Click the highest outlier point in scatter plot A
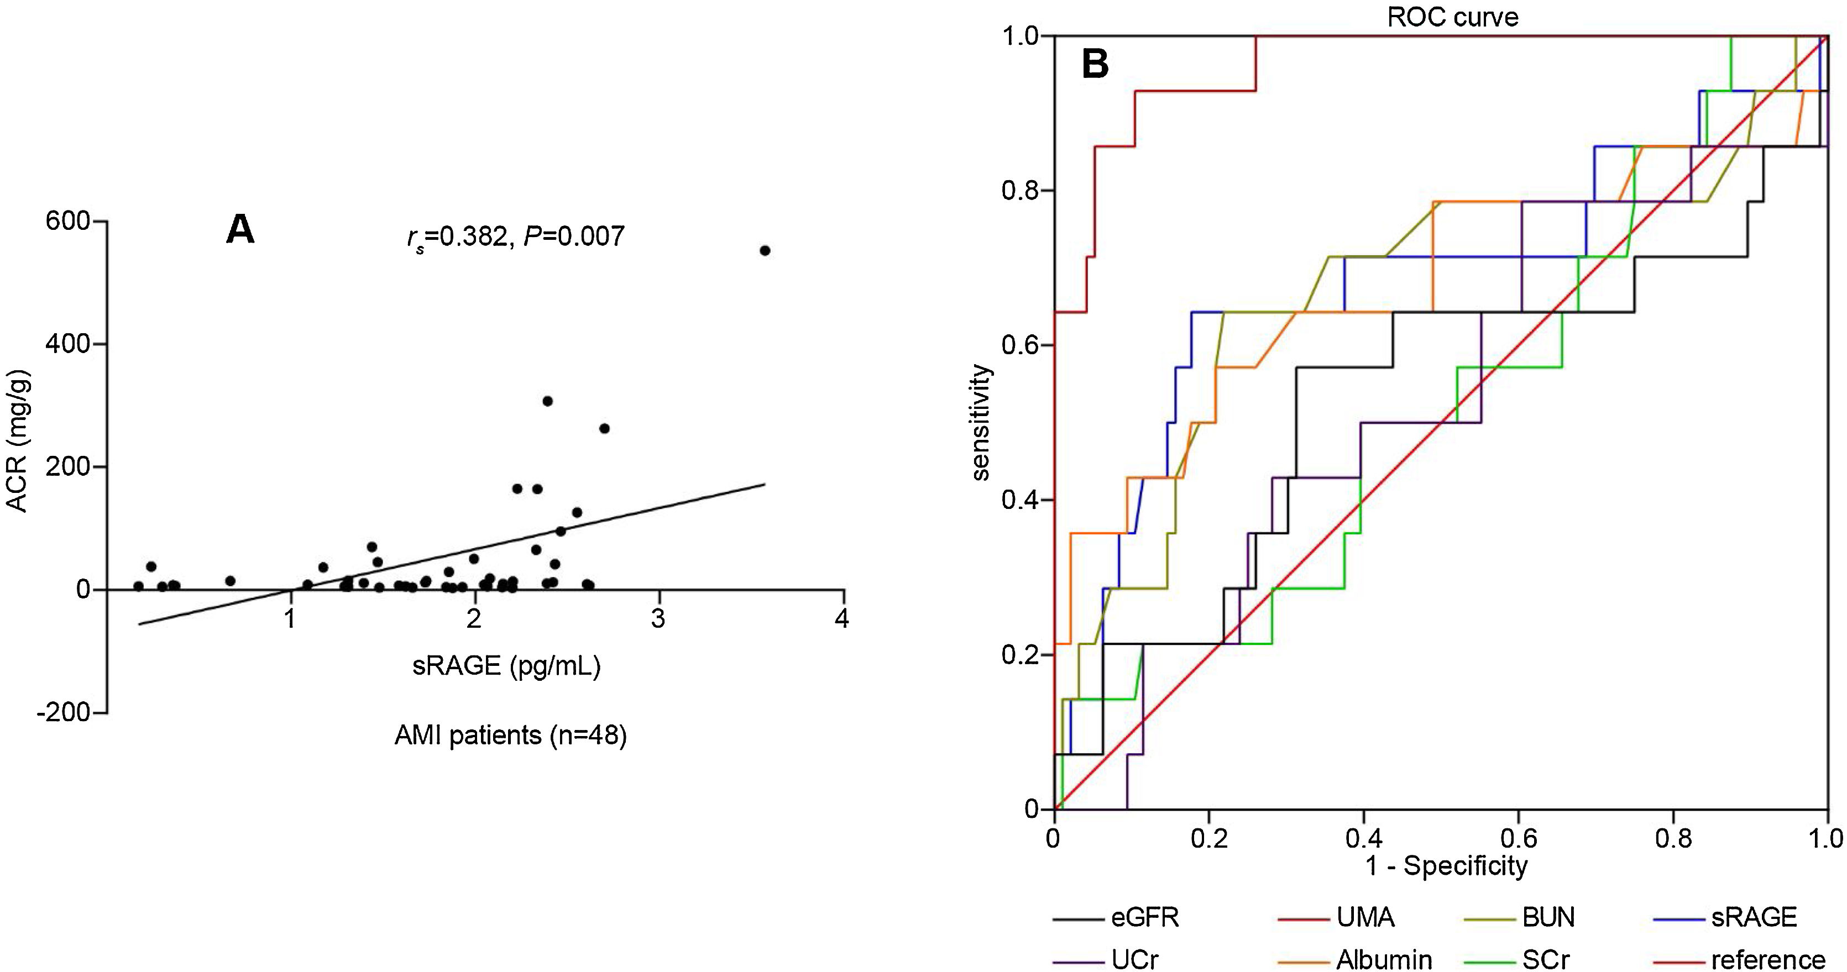(x=765, y=250)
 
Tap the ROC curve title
(x=1453, y=17)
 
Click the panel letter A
(x=240, y=231)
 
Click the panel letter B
(x=1095, y=65)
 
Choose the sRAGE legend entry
(x=1753, y=917)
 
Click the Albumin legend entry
(x=1383, y=959)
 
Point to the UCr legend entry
(x=1135, y=959)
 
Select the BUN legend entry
(x=1548, y=917)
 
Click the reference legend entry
(x=1767, y=959)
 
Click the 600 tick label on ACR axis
(x=67, y=222)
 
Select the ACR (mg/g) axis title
(x=17, y=442)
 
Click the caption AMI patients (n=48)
(x=510, y=735)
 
